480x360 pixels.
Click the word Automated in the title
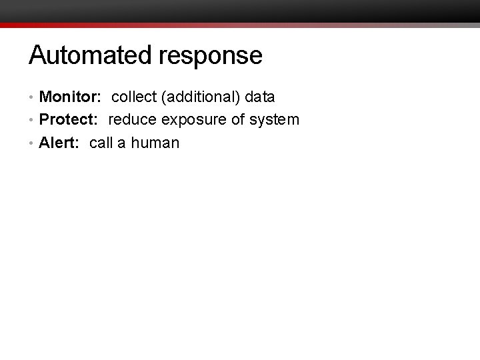[91, 55]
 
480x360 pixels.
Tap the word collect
[133, 97]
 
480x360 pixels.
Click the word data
[260, 97]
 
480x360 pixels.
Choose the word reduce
[131, 120]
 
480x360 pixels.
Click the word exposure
[193, 121]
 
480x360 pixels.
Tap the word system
[275, 121]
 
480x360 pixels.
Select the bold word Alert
[57, 143]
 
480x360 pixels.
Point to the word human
[155, 143]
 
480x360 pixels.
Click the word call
[101, 143]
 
